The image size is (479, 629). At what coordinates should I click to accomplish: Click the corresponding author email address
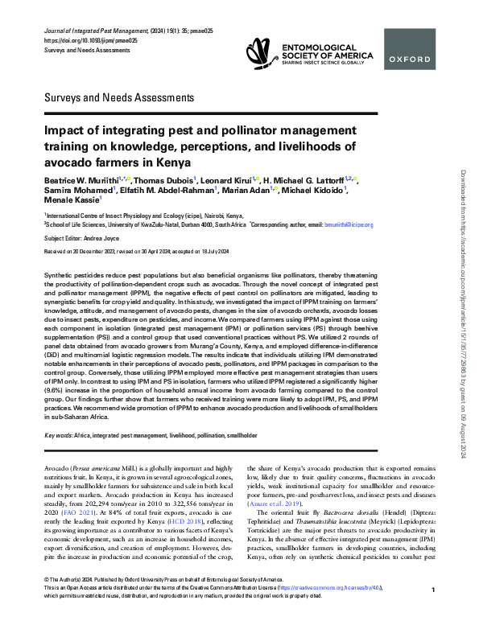347,224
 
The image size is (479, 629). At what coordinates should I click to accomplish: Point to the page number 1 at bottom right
433,613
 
